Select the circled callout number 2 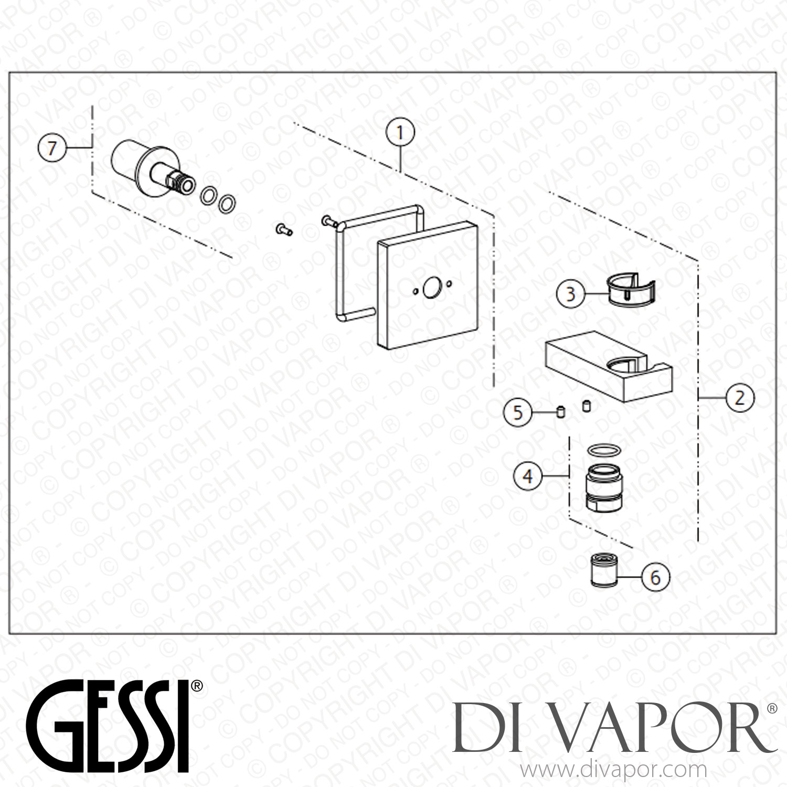point(739,398)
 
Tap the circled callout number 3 point(571,294)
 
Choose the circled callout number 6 point(655,577)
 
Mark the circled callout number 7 point(51,148)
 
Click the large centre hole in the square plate point(432,288)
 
